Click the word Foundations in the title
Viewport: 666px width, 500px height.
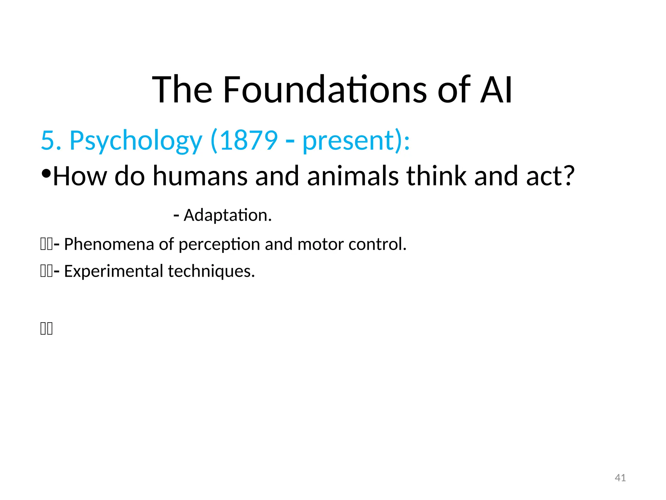pos(325,90)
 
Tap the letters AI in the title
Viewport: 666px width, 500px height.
pos(496,90)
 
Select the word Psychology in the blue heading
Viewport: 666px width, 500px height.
pos(136,141)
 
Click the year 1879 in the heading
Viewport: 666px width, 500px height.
pos(249,141)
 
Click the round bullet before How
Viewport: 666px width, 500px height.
pos(46,174)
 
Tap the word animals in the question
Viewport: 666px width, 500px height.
pos(353,176)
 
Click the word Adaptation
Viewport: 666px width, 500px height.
pos(227,215)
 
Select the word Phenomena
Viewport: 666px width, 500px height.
pos(109,244)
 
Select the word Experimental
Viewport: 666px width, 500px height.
pos(113,271)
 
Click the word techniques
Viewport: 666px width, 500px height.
pos(211,271)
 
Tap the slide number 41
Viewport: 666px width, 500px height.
pos(620,478)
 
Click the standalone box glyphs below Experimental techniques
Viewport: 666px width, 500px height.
pos(47,328)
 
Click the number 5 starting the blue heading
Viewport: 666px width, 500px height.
pos(47,141)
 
